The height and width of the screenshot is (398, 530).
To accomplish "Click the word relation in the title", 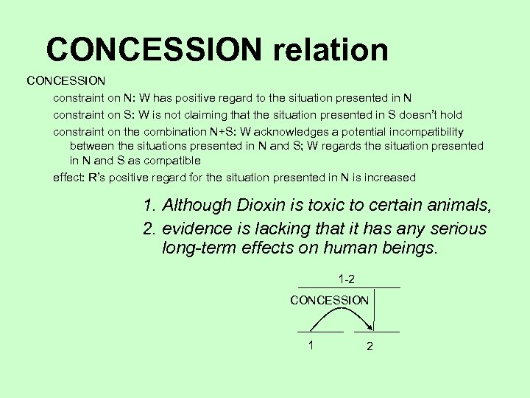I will [331, 50].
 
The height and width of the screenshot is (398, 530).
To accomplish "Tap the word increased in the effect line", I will [390, 177].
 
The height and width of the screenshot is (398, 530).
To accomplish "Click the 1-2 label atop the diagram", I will [347, 279].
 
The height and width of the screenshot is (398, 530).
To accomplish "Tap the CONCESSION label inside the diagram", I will [329, 300].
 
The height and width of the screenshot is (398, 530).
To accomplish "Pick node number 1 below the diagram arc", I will [311, 345].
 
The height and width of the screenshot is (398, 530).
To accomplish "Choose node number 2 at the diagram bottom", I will [370, 346].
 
